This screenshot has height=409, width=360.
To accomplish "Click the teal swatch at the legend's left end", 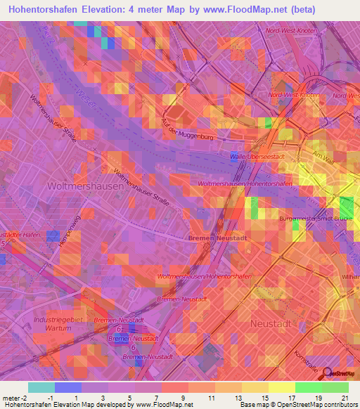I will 41,387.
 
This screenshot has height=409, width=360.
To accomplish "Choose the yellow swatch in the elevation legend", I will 281,387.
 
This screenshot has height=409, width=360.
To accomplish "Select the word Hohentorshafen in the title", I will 49,10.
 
